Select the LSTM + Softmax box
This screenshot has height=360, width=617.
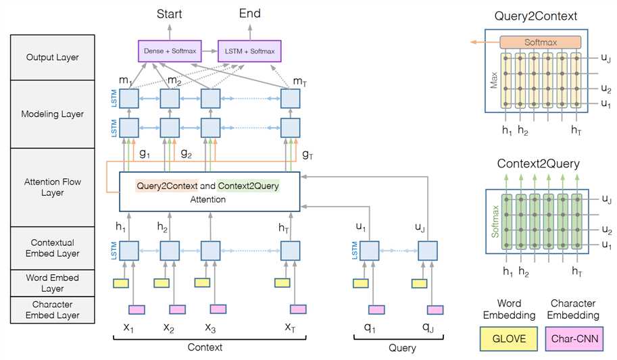pos(249,51)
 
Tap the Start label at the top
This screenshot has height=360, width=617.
pos(169,14)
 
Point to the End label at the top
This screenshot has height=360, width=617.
pos(250,14)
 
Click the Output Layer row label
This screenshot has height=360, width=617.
pos(52,57)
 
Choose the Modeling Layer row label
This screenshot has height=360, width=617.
pos(52,114)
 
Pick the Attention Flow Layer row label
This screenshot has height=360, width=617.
pos(52,187)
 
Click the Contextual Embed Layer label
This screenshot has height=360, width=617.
pos(52,248)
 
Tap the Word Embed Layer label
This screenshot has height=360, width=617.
pos(52,283)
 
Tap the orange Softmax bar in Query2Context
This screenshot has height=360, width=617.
pos(540,43)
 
